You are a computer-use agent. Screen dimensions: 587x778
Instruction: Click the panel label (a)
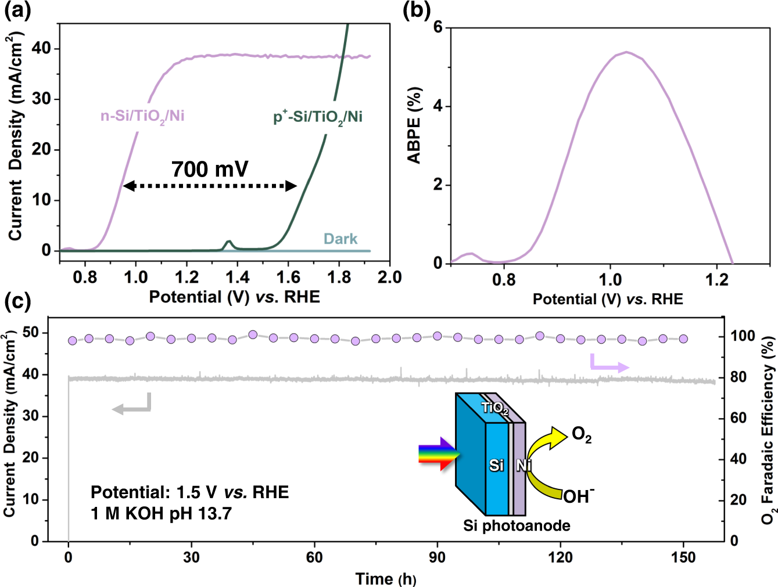tap(17, 11)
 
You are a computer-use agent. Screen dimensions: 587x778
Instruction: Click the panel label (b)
tap(417, 11)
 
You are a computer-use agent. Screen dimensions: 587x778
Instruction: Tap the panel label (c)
tap(17, 301)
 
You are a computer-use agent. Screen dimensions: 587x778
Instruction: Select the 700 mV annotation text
tap(210, 169)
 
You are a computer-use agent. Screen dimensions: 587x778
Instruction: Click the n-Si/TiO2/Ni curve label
tap(142, 116)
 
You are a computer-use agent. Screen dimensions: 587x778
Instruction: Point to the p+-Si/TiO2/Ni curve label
tap(318, 117)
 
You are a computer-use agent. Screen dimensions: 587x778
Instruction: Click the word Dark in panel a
tap(340, 239)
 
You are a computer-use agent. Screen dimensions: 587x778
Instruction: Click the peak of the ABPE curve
tap(626, 52)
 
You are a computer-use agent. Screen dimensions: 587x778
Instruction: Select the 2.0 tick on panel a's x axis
tap(389, 277)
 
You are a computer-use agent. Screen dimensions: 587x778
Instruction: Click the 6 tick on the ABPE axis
tap(438, 27)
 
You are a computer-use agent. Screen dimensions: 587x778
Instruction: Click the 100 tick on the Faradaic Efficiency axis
tap(743, 336)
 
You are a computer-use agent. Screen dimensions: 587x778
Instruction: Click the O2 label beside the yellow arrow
tap(582, 434)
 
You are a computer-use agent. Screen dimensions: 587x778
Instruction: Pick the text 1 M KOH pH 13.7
tap(161, 513)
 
